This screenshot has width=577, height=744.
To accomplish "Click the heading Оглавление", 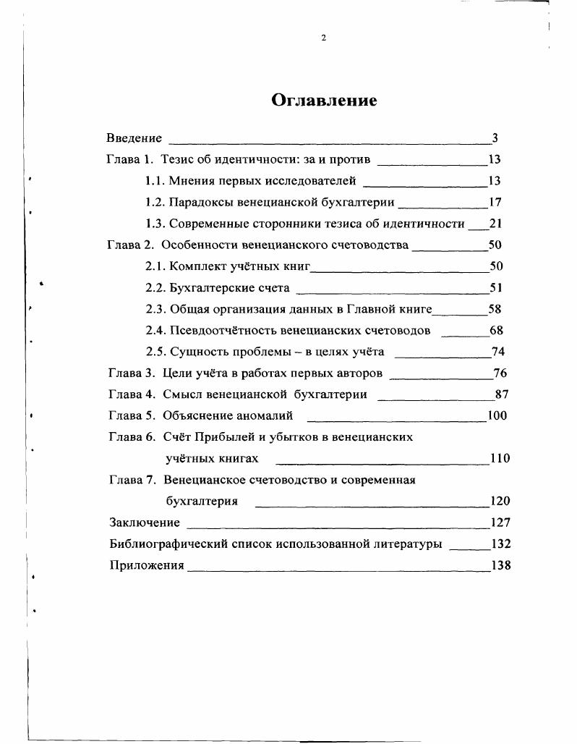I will pyautogui.click(x=324, y=100).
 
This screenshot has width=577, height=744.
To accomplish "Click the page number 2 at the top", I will pyautogui.click(x=324, y=38).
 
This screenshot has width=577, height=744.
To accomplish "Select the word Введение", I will pyautogui.click(x=134, y=138).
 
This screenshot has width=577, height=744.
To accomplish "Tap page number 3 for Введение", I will pyautogui.click(x=495, y=138).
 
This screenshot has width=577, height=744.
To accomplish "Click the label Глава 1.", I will pyautogui.click(x=130, y=159).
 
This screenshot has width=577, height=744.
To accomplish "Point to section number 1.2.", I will pyautogui.click(x=155, y=203).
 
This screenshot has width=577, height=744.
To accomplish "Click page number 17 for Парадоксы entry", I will pyautogui.click(x=495, y=203).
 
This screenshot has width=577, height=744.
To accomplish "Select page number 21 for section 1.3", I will pyautogui.click(x=495, y=224).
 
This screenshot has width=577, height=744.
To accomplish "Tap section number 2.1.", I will pyautogui.click(x=155, y=266).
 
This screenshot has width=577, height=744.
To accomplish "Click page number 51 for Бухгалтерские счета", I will pyautogui.click(x=495, y=288).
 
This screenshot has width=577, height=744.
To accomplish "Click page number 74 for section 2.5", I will pyautogui.click(x=497, y=352).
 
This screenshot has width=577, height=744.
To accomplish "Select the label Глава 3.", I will pyautogui.click(x=132, y=373).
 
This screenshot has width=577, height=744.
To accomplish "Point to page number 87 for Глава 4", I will pyautogui.click(x=503, y=394).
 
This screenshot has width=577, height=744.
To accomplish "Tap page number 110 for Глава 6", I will pyautogui.click(x=500, y=458).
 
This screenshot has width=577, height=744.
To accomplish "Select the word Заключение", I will pyautogui.click(x=144, y=523).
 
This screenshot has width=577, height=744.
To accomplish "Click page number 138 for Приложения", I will pyautogui.click(x=500, y=565).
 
